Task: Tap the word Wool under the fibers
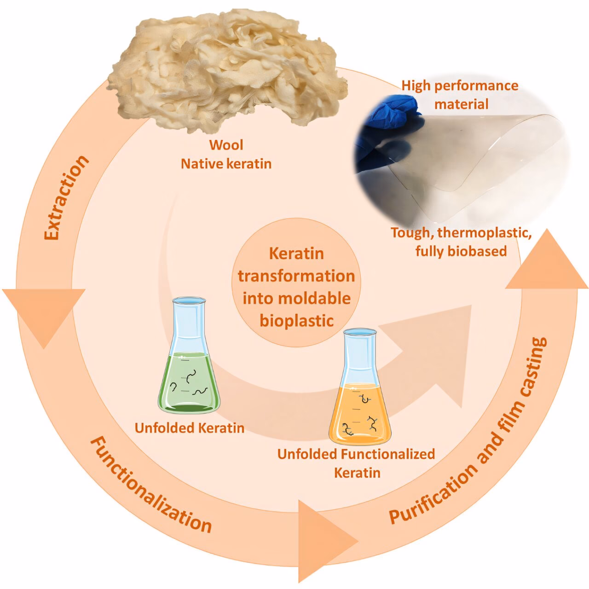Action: [226, 145]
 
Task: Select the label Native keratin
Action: [226, 164]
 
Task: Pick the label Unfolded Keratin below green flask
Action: [190, 428]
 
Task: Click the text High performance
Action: [460, 86]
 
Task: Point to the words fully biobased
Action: [461, 251]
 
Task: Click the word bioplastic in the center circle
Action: [296, 321]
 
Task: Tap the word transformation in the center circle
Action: [296, 276]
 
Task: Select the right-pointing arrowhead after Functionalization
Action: [328, 542]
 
